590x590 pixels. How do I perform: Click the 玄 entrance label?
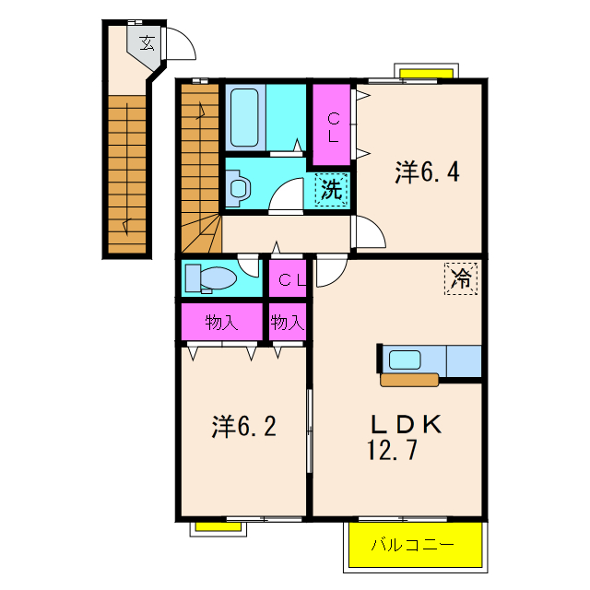(147, 43)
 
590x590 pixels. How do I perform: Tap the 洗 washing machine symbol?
(331, 189)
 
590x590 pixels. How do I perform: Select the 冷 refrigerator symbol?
(461, 278)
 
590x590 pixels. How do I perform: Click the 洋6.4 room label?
(427, 172)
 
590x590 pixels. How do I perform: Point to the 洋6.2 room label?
(243, 426)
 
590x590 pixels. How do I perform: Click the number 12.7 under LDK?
(392, 450)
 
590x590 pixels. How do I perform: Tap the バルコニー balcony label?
(413, 545)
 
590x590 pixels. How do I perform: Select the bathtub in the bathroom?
(244, 117)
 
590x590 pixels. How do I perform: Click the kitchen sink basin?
(405, 360)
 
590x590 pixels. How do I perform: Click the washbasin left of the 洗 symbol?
(239, 188)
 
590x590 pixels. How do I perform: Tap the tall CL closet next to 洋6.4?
(332, 124)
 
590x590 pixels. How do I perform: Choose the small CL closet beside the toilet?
(288, 278)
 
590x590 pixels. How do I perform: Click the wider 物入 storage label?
(221, 323)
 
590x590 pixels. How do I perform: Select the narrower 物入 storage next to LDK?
(288, 323)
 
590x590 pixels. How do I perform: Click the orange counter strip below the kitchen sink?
(409, 380)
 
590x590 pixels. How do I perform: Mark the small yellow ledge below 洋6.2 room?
(218, 526)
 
